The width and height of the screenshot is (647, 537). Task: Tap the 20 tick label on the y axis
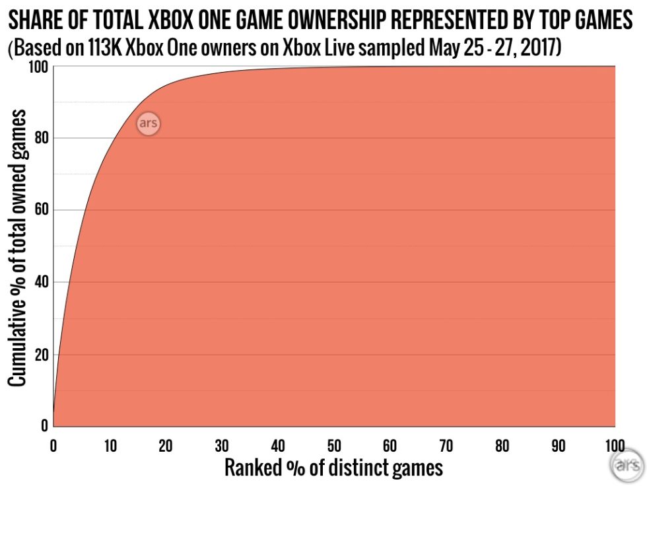pyautogui.click(x=40, y=355)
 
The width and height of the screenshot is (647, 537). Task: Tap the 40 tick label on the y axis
pyautogui.click(x=40, y=283)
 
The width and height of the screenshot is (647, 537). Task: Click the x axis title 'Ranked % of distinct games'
pyautogui.click(x=333, y=468)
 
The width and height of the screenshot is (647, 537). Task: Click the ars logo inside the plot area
pyautogui.click(x=149, y=124)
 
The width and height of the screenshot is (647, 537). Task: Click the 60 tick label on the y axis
pyautogui.click(x=40, y=211)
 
